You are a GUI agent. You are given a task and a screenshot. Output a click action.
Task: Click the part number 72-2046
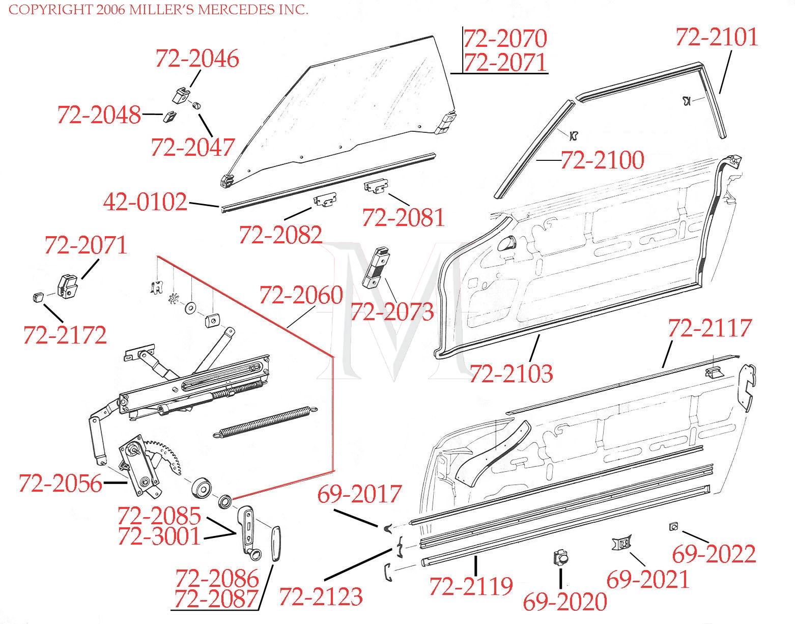(x=196, y=59)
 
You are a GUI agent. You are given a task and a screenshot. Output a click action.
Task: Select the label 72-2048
(x=99, y=115)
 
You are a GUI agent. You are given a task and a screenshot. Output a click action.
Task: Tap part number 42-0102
(x=145, y=202)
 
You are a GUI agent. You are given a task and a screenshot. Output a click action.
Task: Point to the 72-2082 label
(x=280, y=235)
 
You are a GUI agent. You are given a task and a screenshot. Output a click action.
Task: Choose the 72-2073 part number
(x=392, y=311)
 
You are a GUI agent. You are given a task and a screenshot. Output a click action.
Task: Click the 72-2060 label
(x=301, y=295)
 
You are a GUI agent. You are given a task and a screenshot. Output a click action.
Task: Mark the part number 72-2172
(x=65, y=335)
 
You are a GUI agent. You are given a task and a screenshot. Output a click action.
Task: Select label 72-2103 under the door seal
(x=510, y=373)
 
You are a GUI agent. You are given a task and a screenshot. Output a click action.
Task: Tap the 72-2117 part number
(x=709, y=328)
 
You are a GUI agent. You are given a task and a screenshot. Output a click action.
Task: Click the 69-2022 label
(x=714, y=554)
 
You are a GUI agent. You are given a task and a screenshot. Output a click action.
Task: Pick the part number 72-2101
(x=717, y=38)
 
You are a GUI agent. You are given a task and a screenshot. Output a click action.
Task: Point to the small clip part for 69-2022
(x=673, y=527)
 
